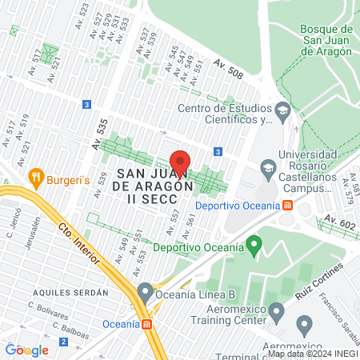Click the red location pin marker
180,162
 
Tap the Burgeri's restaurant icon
36,177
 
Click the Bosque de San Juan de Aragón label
326,40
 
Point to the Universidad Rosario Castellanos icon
267,167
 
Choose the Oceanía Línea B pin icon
145,291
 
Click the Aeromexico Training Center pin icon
277,310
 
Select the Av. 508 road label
228,69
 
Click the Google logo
27,350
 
